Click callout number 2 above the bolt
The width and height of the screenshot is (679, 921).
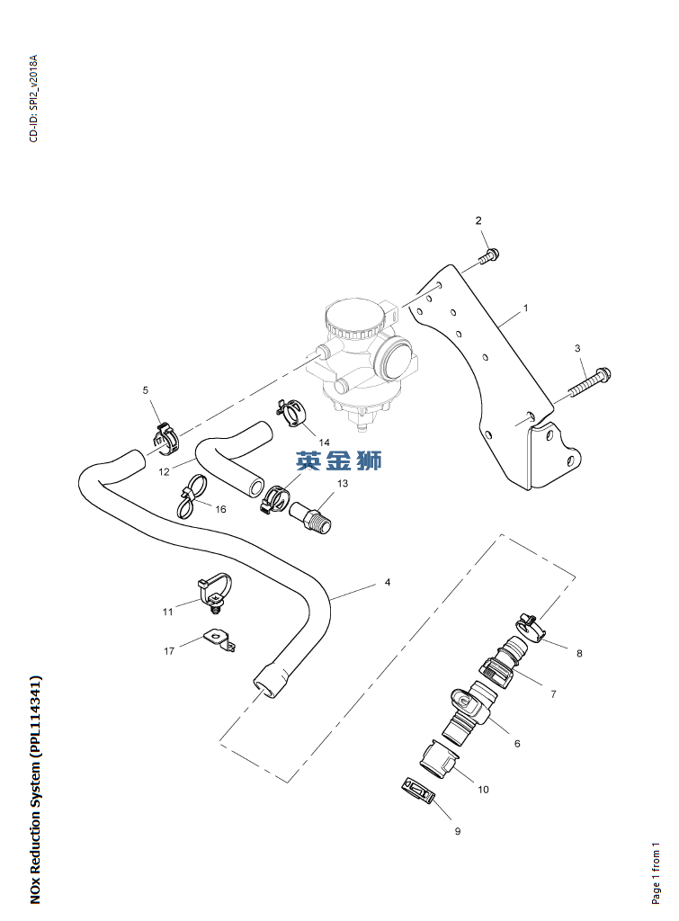coord(478,220)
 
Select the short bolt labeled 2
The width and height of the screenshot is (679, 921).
coord(489,256)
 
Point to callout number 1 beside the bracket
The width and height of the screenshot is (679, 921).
coord(525,308)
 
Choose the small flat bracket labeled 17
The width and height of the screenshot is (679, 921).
coord(219,639)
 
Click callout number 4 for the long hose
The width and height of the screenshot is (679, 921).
coord(388,583)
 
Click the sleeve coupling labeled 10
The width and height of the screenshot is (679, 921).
coord(437,757)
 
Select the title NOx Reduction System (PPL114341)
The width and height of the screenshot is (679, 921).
coord(35,789)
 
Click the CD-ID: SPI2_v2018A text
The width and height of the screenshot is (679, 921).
coord(33,99)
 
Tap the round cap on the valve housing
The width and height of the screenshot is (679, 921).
coord(349,317)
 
